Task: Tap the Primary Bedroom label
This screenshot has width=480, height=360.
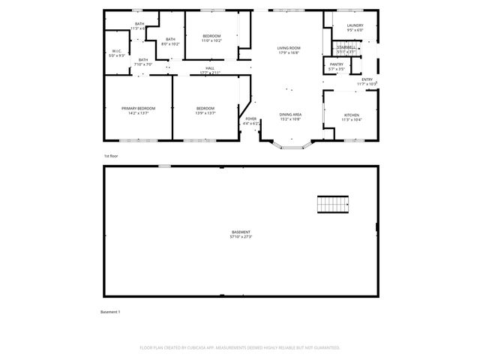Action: [x=139, y=111]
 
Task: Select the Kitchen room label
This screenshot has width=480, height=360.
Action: [x=351, y=117]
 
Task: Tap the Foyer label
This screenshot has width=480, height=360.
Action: [x=250, y=120]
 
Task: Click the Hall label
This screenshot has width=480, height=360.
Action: [x=210, y=70]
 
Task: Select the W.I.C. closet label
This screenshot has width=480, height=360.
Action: [x=116, y=53]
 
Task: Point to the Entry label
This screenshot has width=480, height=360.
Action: [x=367, y=81]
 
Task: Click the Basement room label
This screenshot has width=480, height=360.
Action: [x=241, y=234]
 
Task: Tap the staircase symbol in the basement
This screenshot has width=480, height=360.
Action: [x=333, y=203]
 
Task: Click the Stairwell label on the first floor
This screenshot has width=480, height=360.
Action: [x=346, y=49]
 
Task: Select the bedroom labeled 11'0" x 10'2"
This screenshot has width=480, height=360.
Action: [x=211, y=38]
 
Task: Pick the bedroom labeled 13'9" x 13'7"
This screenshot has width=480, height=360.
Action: [x=205, y=111]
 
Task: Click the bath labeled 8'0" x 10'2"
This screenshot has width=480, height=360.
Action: [x=170, y=41]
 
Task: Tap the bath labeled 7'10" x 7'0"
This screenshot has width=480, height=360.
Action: [x=142, y=62]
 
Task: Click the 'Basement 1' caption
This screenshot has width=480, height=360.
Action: [x=110, y=311]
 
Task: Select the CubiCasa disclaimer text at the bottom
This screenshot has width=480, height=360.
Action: [x=240, y=348]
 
